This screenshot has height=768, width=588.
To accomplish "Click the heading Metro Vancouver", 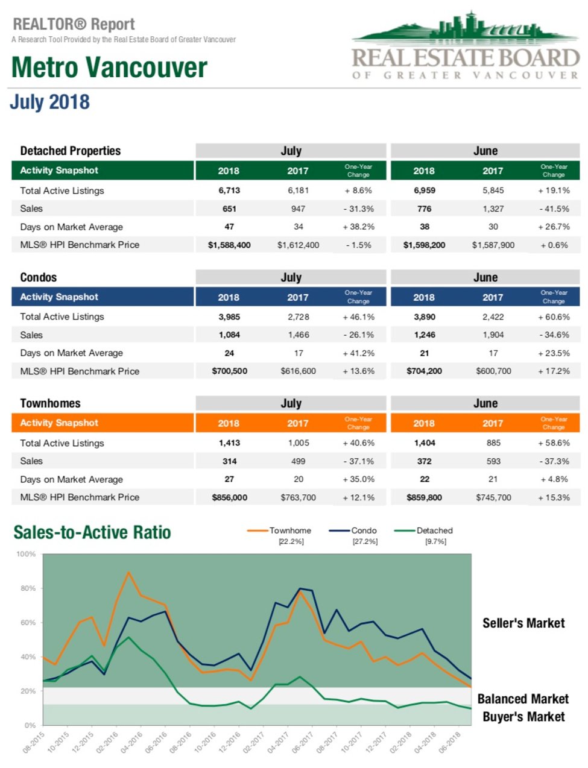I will click(x=109, y=68).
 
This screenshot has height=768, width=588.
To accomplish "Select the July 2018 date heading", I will click(x=49, y=102).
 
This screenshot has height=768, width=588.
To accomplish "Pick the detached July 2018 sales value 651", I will click(x=229, y=209).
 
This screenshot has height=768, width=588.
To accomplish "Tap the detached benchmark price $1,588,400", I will click(x=229, y=245).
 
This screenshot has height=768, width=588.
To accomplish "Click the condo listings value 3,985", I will click(x=229, y=317).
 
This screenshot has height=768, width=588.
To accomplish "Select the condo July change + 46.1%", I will click(x=358, y=317).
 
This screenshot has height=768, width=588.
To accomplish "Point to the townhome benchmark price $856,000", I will click(x=229, y=498).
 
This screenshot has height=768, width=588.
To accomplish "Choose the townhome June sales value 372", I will click(x=424, y=461).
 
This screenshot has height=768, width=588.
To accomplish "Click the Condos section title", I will click(x=39, y=277).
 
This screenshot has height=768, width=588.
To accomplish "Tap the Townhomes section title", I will click(x=50, y=403).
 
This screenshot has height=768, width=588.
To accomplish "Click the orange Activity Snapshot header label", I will click(x=59, y=423).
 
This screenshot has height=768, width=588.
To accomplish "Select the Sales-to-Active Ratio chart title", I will click(x=92, y=533).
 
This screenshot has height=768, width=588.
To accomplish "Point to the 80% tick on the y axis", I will click(x=28, y=588).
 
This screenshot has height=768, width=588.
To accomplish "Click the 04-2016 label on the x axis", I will click(x=132, y=742).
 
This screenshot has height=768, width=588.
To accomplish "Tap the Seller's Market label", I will click(x=523, y=623).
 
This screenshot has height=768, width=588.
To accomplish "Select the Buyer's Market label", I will click(x=523, y=717).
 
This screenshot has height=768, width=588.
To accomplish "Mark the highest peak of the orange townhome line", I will click(x=128, y=572).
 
